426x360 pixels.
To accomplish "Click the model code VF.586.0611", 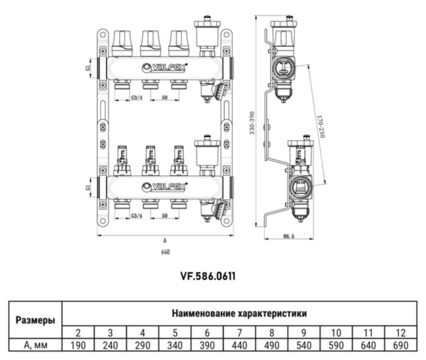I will pyautogui.click(x=207, y=276).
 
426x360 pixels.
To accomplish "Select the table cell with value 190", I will pyautogui.click(x=79, y=345).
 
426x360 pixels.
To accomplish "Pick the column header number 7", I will pyautogui.click(x=239, y=333).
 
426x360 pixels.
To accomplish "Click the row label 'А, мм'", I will pyautogui.click(x=34, y=345).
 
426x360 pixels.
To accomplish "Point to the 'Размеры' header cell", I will pyautogui.click(x=34, y=320).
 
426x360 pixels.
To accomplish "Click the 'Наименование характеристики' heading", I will pyautogui.click(x=239, y=314).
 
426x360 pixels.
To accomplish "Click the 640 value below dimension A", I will pyautogui.click(x=165, y=252).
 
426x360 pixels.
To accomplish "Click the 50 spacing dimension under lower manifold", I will pyautogui.click(x=164, y=216).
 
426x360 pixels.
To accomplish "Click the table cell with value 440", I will pyautogui.click(x=239, y=345).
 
